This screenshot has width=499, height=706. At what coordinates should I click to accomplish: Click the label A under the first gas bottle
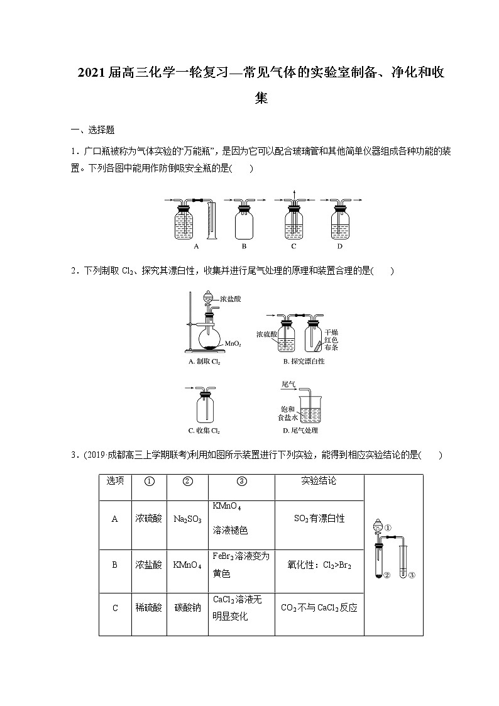pyautogui.click(x=197, y=246)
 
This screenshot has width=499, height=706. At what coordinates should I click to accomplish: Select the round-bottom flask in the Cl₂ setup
pyautogui.click(x=211, y=338)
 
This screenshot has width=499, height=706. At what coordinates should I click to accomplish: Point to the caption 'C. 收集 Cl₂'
pyautogui.click(x=204, y=431)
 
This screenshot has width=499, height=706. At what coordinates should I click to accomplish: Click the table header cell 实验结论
pyautogui.click(x=319, y=481)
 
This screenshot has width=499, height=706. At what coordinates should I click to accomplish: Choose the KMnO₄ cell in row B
pyautogui.click(x=187, y=565)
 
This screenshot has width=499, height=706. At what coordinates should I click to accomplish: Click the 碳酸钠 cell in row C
pyautogui.click(x=187, y=608)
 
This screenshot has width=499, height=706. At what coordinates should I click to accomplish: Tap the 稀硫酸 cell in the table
pyautogui.click(x=148, y=608)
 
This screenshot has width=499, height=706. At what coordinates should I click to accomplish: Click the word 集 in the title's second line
pyautogui.click(x=261, y=98)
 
